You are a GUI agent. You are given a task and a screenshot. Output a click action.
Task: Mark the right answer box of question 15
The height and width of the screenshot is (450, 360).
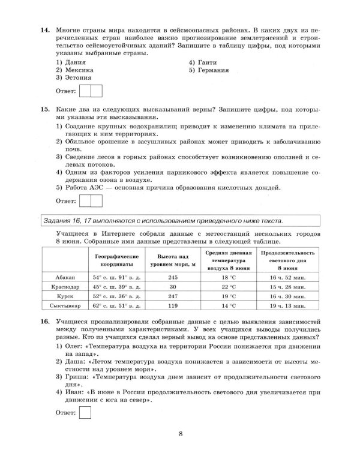pyautogui.click(x=97, y=200)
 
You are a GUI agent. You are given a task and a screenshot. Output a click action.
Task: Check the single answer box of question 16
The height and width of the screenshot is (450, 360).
pyautogui.click(x=85, y=412)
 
